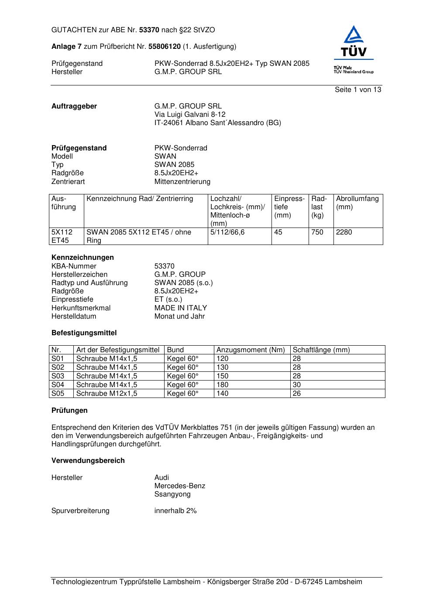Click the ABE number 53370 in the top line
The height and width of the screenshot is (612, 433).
[149, 30]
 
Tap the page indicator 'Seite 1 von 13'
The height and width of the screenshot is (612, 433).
[358, 90]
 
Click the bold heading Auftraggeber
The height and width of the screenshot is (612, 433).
[74, 106]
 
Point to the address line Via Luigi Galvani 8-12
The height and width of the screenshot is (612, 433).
[190, 115]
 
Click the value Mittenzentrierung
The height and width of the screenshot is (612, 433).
[182, 182]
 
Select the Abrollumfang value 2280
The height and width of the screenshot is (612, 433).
[344, 232]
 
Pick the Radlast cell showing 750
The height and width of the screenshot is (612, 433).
[317, 232]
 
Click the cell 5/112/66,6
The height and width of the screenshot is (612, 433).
[227, 232]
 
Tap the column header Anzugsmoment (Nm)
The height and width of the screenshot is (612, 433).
[251, 350]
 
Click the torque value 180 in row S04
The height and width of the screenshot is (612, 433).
[223, 385]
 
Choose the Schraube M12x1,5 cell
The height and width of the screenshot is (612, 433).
[107, 394]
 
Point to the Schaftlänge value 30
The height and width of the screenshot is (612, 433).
[297, 385]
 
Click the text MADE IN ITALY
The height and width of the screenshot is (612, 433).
[181, 308]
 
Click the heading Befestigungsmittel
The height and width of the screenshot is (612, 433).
[84, 333]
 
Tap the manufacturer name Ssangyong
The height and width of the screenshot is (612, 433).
[172, 494]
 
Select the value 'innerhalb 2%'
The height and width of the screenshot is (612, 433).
[175, 511]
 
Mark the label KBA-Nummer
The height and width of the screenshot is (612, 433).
[74, 266]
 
